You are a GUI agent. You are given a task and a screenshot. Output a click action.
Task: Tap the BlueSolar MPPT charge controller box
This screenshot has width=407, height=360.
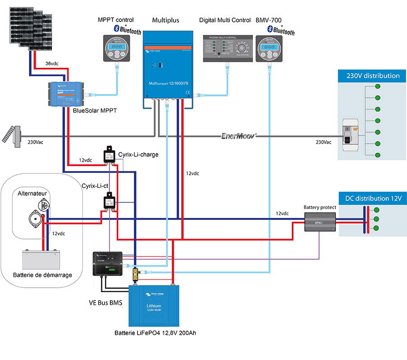[66, 93]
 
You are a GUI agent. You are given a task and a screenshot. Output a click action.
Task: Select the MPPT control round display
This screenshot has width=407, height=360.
[117, 49]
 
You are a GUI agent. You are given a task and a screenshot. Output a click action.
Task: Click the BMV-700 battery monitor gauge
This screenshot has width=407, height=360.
[269, 49]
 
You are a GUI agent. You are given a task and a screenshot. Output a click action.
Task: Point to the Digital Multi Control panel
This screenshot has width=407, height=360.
[225, 48]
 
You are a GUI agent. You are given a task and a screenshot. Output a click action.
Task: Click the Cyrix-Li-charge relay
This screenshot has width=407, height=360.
[109, 155]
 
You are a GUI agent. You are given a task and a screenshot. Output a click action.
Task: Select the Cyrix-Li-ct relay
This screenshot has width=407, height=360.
[109, 201]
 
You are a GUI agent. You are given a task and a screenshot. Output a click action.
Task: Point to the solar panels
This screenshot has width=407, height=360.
[29, 27]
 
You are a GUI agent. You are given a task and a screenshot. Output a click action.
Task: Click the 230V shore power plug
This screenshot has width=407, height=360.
[14, 135]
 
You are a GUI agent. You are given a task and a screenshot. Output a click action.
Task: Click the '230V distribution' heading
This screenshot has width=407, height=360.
[369, 76]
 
